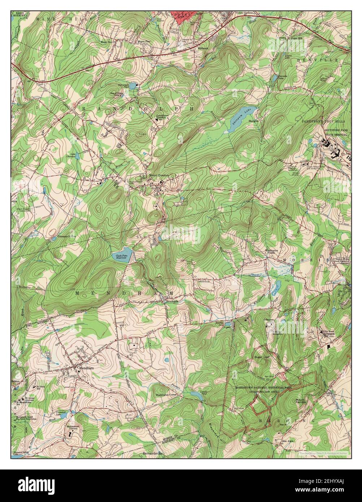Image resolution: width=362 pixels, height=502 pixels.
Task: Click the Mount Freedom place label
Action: click(x=159, y=176)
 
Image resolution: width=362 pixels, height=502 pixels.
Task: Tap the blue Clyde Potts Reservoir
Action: click(x=122, y=257)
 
